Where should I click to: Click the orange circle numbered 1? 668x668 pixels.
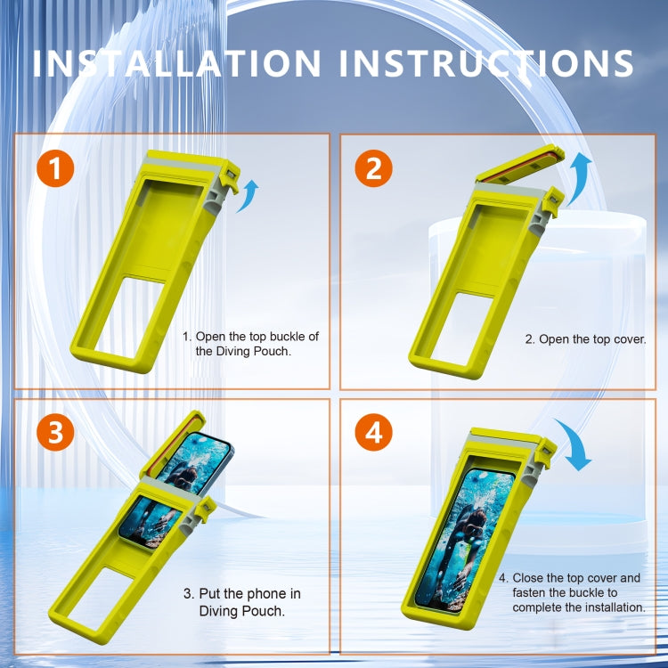point(55,169)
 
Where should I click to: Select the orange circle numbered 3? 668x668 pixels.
point(55,433)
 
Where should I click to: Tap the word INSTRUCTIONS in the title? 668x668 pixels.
point(488,63)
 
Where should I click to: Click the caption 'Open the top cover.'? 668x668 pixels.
point(584,339)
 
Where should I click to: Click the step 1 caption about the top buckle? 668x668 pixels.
point(250,343)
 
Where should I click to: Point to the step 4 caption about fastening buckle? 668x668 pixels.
point(579,592)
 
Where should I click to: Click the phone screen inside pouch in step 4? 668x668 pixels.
point(468,539)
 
